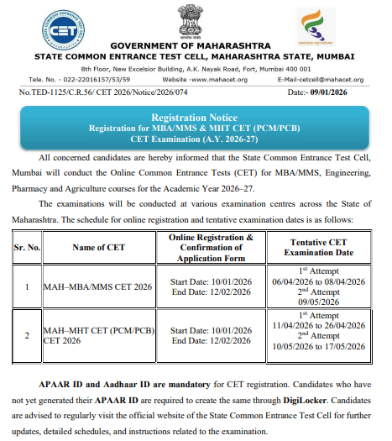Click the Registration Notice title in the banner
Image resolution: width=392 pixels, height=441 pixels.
[x=196, y=118]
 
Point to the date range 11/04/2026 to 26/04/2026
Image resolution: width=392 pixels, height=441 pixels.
[x=321, y=325]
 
